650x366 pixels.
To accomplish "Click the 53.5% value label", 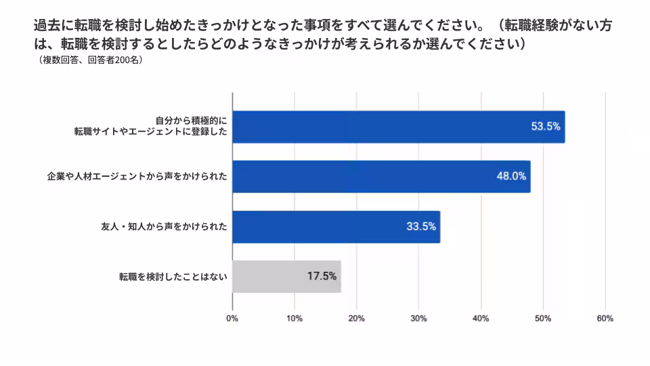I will click(546, 127).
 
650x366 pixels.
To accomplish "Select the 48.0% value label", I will click(511, 176).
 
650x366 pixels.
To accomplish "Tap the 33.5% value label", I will click(421, 226).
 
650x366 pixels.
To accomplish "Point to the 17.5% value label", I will click(322, 277).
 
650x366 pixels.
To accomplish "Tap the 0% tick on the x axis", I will click(232, 319).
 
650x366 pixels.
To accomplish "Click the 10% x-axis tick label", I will click(295, 319).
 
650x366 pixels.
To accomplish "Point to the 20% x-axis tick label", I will click(357, 319).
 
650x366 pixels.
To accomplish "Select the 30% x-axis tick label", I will click(418, 319).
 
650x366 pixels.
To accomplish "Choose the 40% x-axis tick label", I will click(481, 319).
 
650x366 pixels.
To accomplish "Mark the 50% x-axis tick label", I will click(543, 319).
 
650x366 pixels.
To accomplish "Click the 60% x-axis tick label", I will click(605, 319).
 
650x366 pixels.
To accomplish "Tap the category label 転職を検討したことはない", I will click(173, 277).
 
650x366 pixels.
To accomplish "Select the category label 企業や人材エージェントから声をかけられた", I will click(136, 177).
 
